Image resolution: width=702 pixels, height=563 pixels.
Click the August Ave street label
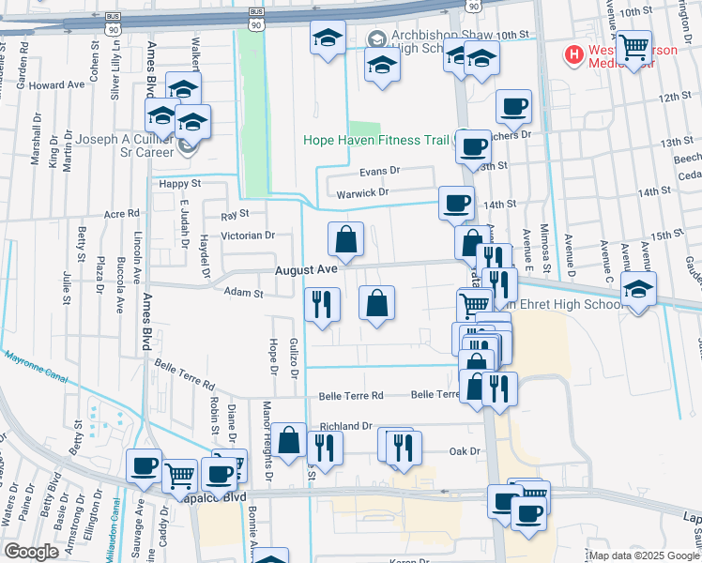coord(305,269)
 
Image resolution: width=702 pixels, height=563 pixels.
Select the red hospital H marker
coord(572,54)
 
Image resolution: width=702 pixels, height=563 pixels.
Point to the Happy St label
coord(180,185)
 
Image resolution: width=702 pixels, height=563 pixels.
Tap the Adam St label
coord(244,294)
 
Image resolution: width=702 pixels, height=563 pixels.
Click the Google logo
coord(31,552)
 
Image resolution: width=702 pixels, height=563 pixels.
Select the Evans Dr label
coord(380,172)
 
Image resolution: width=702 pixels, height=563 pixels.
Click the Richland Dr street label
coord(346,426)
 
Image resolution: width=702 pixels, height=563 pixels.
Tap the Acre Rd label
coord(122,215)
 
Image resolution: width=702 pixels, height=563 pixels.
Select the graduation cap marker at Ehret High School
coord(638,290)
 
